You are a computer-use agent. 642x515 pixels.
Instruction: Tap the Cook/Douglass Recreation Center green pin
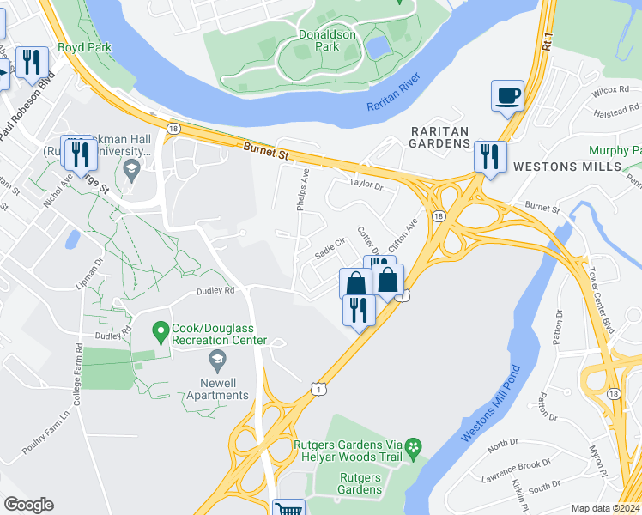point(160,330)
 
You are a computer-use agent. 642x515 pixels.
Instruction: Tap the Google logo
point(28,505)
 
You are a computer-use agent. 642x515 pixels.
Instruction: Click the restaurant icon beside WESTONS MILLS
point(488,156)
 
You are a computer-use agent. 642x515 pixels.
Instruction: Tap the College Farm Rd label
point(78,373)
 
